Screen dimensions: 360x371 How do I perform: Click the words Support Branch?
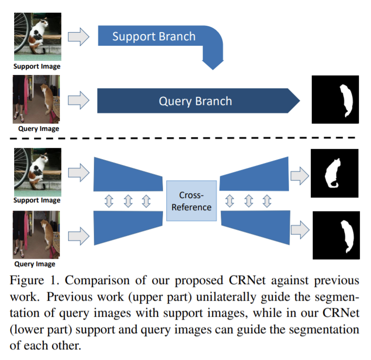(154, 36)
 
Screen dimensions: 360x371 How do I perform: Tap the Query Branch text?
(195, 101)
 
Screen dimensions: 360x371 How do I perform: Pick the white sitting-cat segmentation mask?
(334, 173)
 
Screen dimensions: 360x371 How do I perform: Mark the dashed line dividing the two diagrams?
(185, 139)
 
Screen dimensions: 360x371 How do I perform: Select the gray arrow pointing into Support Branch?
(78, 36)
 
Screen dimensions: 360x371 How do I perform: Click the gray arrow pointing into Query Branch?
(78, 101)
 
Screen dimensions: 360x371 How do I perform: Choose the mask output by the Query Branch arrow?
(335, 99)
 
